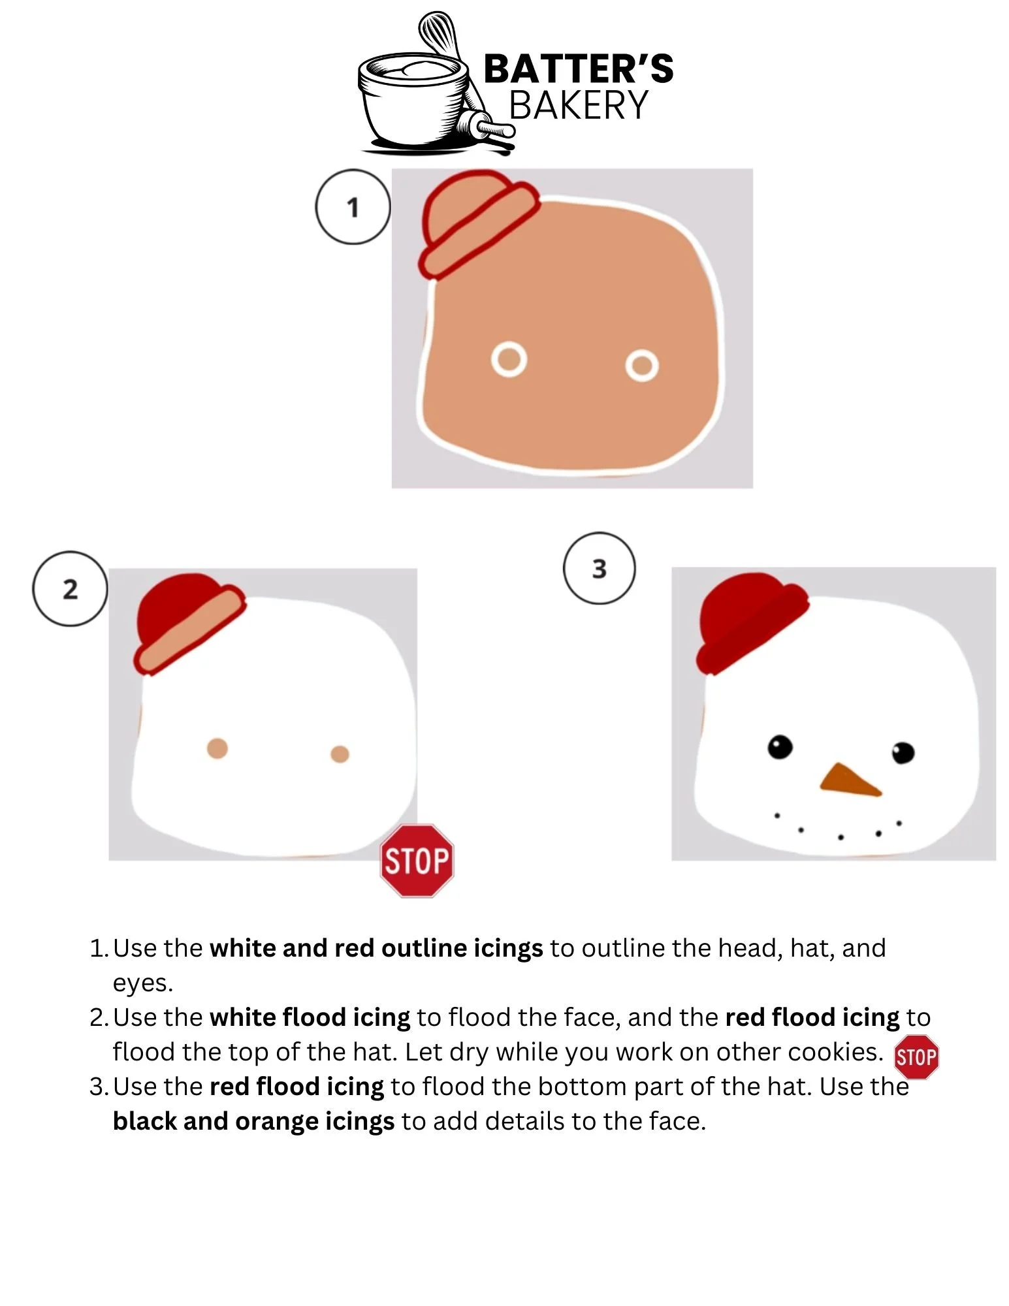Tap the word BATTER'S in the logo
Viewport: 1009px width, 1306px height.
point(579,69)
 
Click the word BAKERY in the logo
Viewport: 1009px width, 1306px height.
point(579,105)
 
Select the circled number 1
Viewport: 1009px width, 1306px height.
point(353,207)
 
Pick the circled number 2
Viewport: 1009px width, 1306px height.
point(70,589)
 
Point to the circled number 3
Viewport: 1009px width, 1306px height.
point(599,568)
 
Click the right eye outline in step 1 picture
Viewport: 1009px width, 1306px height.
point(642,365)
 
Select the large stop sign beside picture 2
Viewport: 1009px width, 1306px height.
point(417,860)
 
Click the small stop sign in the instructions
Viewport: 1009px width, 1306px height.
point(916,1057)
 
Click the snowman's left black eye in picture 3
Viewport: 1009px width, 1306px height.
point(780,746)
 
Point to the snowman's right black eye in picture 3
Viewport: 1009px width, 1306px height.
point(903,752)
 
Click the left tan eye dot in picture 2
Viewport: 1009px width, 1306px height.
point(217,748)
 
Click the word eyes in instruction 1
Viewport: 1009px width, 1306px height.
point(143,983)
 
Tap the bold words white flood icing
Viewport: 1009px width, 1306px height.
point(310,1017)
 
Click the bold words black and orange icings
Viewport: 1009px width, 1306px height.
point(253,1121)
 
